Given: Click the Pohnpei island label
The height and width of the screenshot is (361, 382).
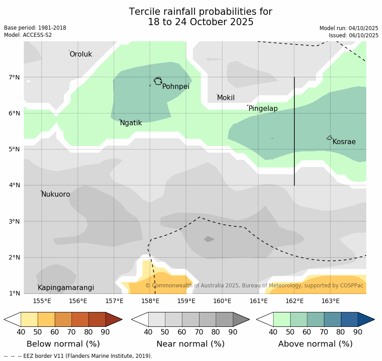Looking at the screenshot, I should pos(176,87).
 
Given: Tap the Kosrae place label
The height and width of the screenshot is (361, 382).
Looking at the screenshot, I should pos(344,142).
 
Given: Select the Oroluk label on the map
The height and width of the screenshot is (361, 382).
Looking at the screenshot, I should pos(81,54).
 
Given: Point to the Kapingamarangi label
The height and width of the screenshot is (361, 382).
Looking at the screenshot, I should pos(66,288).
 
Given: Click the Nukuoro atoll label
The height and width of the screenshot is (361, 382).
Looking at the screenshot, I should pos(56,194).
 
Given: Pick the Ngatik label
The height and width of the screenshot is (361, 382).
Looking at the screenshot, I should pos(131,123).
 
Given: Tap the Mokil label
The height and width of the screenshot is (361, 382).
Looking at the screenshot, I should pos(226,98).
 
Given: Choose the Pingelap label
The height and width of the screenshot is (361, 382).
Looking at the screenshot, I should pos(263,109).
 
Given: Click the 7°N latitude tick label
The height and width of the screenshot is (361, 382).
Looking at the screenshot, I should pos(14,77).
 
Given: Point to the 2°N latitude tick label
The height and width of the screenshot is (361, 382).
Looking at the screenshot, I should pos(14,258).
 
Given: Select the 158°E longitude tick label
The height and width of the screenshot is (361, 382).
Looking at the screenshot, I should pos(150,301).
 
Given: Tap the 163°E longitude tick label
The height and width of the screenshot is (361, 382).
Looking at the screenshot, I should pos(330,301).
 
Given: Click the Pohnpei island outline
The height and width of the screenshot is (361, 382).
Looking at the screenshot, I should pos(158,81).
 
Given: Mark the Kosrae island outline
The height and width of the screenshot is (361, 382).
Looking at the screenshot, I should pos(329,138).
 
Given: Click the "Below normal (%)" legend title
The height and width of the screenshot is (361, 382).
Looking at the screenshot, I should pos(63,344).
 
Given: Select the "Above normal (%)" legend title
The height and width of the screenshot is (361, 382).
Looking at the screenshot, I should pos(315,344).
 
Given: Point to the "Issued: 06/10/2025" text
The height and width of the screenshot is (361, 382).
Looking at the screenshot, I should pos(353,35).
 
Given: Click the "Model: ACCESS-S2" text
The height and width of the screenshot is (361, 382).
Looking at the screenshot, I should pos(28,35).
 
